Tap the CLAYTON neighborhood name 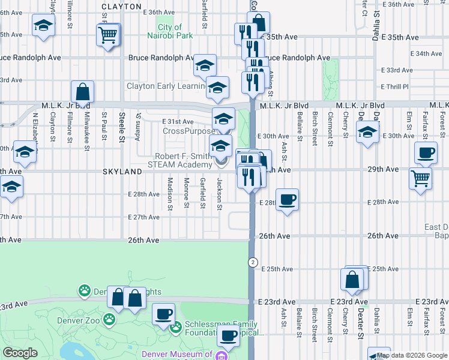pyautogui.click(x=121, y=6)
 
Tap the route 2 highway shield pyautogui.click(x=253, y=262)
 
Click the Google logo pyautogui.click(x=20, y=352)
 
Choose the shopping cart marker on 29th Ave pyautogui.click(x=420, y=177)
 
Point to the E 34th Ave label pyautogui.click(x=426, y=53)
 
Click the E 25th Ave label pyautogui.click(x=382, y=268)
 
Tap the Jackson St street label pyautogui.click(x=220, y=194)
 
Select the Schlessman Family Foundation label pyautogui.click(x=223, y=328)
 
